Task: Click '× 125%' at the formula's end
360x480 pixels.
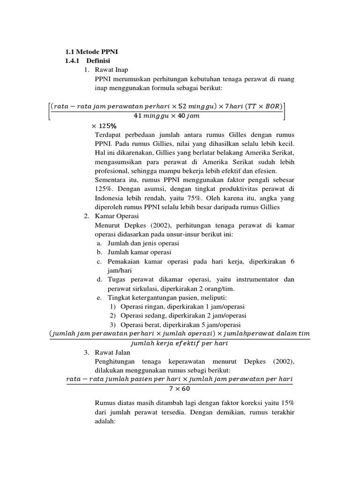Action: pyautogui.click(x=104, y=126)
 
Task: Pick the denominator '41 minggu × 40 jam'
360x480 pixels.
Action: pyautogui.click(x=166, y=115)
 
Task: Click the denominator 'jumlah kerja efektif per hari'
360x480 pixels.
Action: pyautogui.click(x=180, y=343)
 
